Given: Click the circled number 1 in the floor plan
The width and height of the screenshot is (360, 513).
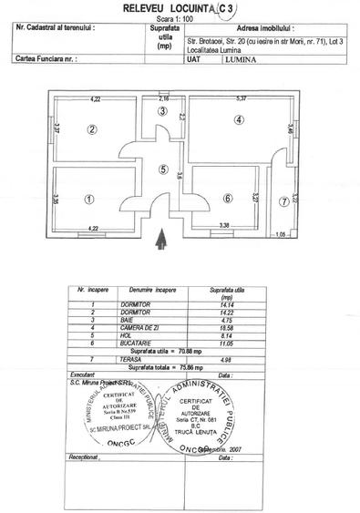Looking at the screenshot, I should tap(88, 198).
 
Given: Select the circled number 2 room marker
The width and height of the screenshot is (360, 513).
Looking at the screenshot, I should tap(92, 129).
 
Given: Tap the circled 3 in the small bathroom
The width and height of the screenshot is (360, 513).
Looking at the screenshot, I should tap(162, 111).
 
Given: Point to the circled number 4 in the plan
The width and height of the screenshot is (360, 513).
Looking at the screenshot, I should tap(239, 119).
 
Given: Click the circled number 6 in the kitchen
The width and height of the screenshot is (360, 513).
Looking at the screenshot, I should tap(227, 199).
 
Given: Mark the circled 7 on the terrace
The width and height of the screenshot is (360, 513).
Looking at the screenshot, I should tap(284, 201).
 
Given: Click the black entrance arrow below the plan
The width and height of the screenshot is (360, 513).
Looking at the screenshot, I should tap(162, 239).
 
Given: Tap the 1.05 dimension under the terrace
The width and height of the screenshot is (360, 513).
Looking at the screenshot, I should tap(281, 234).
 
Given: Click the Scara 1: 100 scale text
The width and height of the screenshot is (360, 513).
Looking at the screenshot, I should tap(180, 17).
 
